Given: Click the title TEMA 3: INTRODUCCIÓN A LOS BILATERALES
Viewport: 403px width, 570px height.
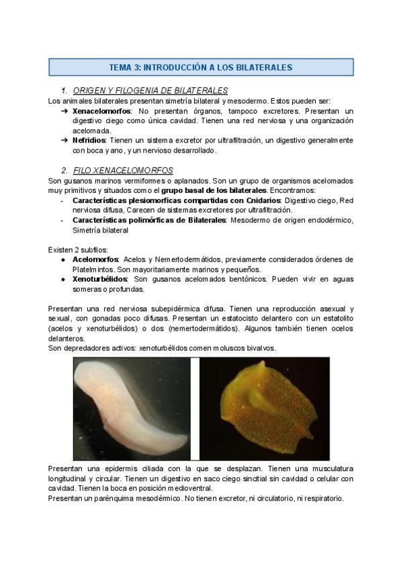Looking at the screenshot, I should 201,67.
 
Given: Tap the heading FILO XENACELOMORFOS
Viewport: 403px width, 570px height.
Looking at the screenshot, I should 122,171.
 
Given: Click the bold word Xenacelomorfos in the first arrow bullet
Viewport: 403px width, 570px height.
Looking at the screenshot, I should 101,110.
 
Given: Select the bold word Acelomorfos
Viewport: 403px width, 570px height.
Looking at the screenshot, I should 95,259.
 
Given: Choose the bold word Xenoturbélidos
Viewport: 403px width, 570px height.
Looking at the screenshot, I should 99,279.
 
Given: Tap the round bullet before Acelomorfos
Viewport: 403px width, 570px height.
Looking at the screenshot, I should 63,259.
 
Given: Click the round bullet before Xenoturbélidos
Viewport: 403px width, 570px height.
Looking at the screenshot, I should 63,279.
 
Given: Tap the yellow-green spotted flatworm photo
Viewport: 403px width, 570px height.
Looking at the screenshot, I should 265,408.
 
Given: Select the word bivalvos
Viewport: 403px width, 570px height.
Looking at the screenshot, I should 259,348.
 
